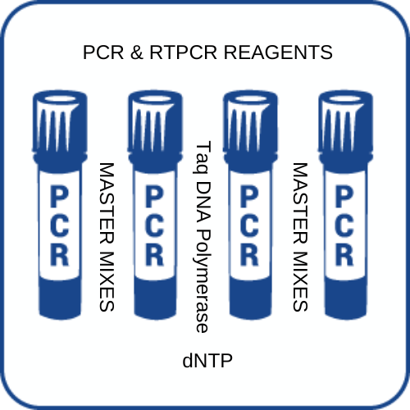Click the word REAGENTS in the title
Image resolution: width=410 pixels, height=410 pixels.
tap(278, 52)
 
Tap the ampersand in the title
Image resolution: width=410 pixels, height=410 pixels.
tap(137, 52)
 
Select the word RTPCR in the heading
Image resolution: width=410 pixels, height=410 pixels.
tap(183, 52)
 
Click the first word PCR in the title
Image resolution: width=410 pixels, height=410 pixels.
tap(103, 52)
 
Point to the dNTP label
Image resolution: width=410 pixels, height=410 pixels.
tap(207, 360)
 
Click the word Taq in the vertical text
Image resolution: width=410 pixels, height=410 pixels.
tap(203, 157)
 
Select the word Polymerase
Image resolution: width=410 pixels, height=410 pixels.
tap(203, 281)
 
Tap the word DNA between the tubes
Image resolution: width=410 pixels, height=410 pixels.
tap(203, 202)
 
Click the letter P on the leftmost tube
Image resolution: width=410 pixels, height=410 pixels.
tap(59, 197)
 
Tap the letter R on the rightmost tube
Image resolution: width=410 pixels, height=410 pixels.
tap(344, 254)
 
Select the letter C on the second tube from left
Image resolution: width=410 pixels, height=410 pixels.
tap(154, 225)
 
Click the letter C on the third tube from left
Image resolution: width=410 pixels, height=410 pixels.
tap(249, 225)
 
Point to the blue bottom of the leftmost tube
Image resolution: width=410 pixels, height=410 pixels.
tap(60, 298)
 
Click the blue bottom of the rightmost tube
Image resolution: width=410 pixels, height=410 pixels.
tap(346, 298)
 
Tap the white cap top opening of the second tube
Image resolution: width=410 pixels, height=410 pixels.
tap(155, 99)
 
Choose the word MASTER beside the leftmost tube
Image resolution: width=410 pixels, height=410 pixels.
tap(107, 203)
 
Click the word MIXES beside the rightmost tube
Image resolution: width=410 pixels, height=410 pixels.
tap(300, 281)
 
